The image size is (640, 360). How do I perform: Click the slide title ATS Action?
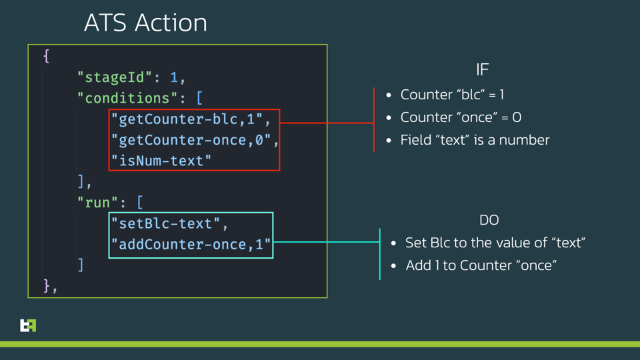pyautogui.click(x=145, y=23)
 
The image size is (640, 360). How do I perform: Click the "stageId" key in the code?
pyautogui.click(x=115, y=77)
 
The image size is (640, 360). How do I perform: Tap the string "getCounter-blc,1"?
pyautogui.click(x=187, y=119)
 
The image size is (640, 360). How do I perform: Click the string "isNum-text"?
pyautogui.click(x=161, y=161)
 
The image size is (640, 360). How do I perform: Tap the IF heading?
pyautogui.click(x=482, y=69)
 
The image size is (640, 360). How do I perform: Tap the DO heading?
pyautogui.click(x=489, y=220)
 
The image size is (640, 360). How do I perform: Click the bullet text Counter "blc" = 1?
pyautogui.click(x=452, y=95)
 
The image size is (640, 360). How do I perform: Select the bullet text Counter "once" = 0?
pyautogui.click(x=461, y=117)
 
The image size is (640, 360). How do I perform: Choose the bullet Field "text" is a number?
pyautogui.click(x=475, y=140)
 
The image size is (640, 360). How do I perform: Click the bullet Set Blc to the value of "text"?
pyautogui.click(x=495, y=243)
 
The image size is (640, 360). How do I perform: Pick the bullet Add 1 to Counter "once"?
pyautogui.click(x=481, y=265)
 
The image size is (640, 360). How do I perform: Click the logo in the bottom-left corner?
pyautogui.click(x=28, y=325)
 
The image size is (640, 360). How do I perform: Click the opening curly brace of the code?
pyautogui.click(x=46, y=56)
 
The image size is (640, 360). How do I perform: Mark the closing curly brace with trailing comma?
pyautogui.click(x=49, y=286)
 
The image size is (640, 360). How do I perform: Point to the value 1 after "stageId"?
pyautogui.click(x=173, y=77)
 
